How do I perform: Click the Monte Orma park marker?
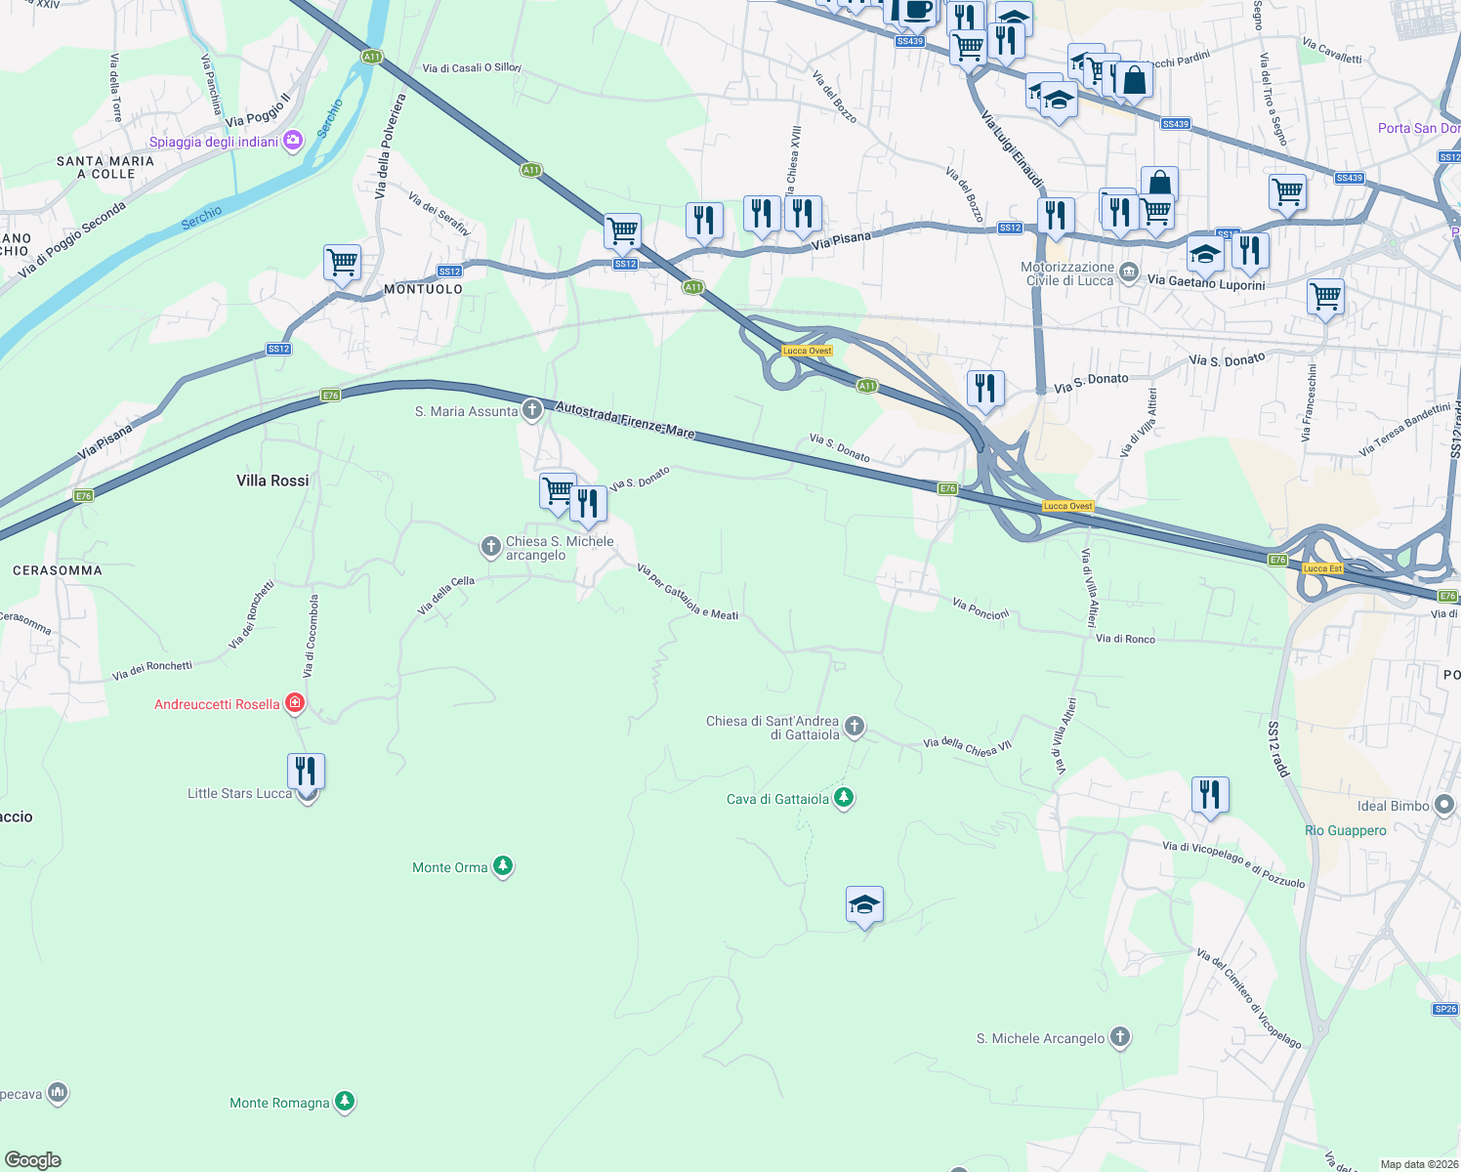[x=502, y=866]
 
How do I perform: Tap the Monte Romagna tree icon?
[x=344, y=1102]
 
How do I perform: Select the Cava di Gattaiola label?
[x=777, y=799]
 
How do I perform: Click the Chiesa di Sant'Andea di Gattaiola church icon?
[x=855, y=726]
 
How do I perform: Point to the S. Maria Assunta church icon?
[x=531, y=410]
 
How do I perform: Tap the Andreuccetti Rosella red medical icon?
[x=295, y=703]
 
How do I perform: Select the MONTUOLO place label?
[x=423, y=289]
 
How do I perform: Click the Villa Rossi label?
[x=272, y=481]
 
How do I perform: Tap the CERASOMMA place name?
[x=58, y=570]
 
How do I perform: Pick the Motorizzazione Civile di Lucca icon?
[x=1129, y=272]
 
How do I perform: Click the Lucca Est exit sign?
[x=1322, y=568]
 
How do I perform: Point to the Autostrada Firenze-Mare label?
[x=625, y=419]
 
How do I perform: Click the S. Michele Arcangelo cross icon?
[x=1120, y=1037]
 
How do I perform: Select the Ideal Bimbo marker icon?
[x=1444, y=806]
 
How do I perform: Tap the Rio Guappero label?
[x=1345, y=830]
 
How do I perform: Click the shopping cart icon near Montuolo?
[x=343, y=262]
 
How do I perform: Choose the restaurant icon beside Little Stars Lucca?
[x=306, y=772]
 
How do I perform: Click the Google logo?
[x=33, y=1159]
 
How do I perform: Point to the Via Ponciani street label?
[x=981, y=609]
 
